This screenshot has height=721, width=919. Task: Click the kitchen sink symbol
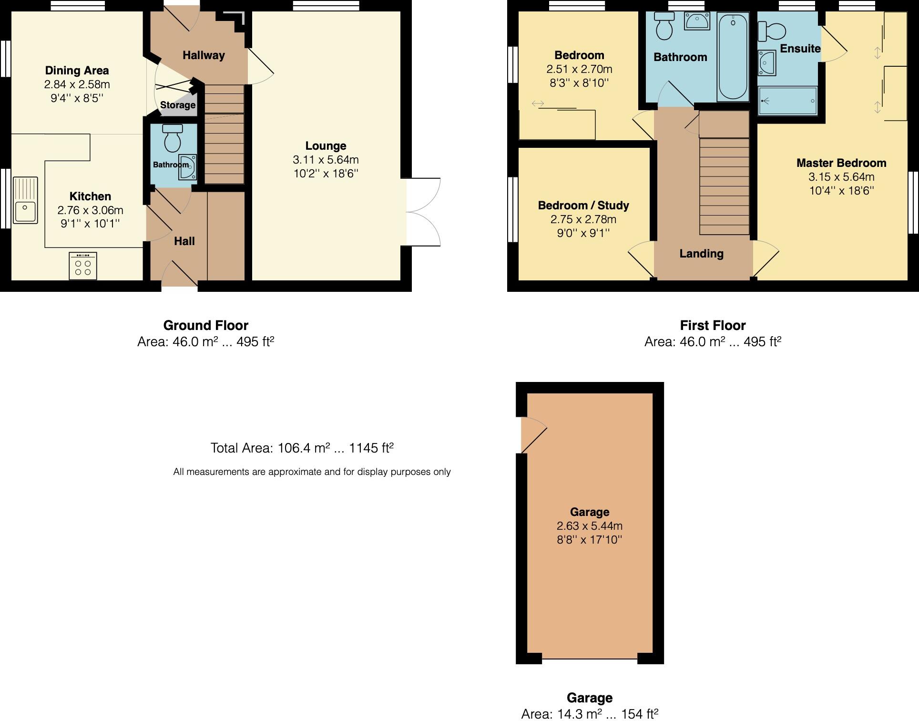point(25,200)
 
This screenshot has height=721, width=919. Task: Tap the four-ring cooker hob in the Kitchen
point(82,266)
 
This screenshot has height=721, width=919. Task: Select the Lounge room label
point(326,146)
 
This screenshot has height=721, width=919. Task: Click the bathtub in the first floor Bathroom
point(733,56)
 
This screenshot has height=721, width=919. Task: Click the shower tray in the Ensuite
point(787,101)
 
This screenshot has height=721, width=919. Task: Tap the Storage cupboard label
point(177,105)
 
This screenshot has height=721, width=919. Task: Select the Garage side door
point(533,434)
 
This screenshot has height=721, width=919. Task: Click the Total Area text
point(302,448)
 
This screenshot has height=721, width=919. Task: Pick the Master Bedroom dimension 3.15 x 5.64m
point(841,177)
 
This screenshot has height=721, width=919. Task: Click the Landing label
point(701,254)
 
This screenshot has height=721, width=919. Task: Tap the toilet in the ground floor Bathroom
point(173,138)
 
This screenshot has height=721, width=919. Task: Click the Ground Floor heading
point(205,326)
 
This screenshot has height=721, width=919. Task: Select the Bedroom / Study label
point(583,206)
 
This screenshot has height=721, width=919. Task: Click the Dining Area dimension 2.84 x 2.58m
point(77,84)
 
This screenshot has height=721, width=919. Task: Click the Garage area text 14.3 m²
point(590,714)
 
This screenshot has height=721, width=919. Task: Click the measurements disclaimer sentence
point(312,472)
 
